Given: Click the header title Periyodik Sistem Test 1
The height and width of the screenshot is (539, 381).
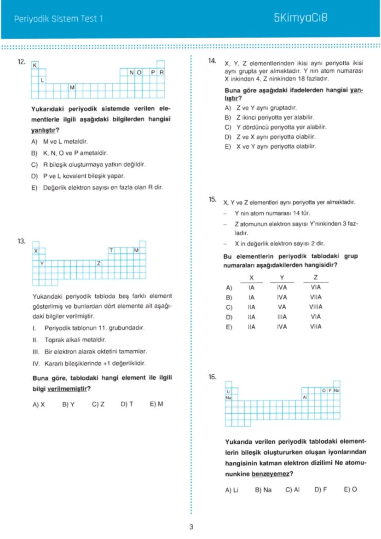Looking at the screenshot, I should (x=59, y=19).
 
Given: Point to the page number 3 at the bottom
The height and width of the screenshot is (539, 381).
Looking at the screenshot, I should (x=191, y=527).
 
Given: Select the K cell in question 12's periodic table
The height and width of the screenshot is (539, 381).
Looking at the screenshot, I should (x=35, y=65).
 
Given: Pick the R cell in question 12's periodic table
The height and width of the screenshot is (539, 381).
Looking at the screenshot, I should (x=162, y=73).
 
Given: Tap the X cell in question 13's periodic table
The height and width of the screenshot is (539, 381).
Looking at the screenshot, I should (x=35, y=250).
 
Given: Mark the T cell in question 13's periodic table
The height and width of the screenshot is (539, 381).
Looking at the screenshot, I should (x=111, y=250).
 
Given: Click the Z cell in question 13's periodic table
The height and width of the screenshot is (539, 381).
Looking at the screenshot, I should (x=98, y=263).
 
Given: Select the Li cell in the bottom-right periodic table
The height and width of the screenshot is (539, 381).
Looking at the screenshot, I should (x=228, y=391).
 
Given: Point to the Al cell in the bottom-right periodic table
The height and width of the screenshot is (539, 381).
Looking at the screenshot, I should (x=305, y=397).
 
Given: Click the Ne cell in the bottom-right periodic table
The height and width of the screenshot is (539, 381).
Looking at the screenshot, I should (x=336, y=391).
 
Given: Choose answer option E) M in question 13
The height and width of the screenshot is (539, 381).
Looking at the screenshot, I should (x=156, y=404).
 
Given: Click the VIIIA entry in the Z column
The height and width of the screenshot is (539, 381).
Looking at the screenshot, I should (x=316, y=307).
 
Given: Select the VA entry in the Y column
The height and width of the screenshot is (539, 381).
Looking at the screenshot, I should (x=282, y=307).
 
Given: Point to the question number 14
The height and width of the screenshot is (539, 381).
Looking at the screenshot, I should (x=213, y=61).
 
